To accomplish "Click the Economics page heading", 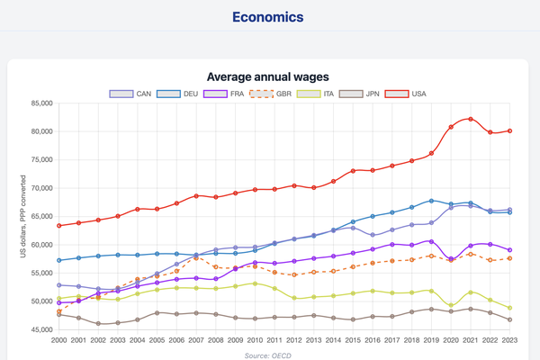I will pos(268,17).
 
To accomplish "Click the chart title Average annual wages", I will pos(268,77).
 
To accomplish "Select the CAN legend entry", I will pos(131,94).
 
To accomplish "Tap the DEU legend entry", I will pos(178,94).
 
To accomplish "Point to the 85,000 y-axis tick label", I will pos(36,103).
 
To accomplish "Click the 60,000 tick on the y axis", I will pos(36,245).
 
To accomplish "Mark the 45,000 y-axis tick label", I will pos(36,329).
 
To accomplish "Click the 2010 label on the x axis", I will pos(255,342).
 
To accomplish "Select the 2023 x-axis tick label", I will pos(509,342).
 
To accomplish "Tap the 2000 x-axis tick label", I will pos(59,342).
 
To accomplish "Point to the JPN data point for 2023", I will pos(509,319).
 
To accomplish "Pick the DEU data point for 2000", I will pos(59,260).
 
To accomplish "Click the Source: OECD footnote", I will pos(268,355).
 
